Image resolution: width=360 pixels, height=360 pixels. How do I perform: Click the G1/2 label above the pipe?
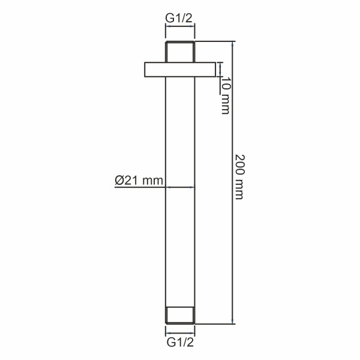coord(180,18)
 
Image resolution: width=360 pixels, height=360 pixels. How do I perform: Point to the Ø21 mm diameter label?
coord(139,179)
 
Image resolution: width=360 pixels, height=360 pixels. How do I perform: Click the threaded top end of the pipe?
coord(180,51)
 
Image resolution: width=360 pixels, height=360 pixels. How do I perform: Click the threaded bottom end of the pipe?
coord(180,316)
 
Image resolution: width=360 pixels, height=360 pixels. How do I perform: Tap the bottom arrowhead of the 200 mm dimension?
coord(232,322)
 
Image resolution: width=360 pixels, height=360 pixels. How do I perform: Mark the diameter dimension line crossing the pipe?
coord(180,187)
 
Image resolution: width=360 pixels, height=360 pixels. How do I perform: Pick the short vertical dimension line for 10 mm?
coord(220,69)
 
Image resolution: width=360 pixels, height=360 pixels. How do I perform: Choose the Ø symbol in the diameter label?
coord(119,179)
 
